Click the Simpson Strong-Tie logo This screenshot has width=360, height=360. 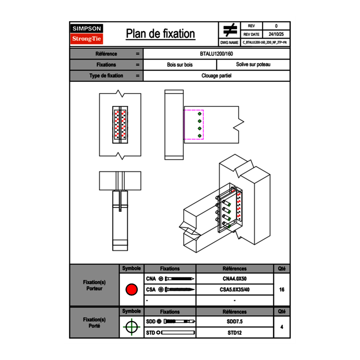point(87,34)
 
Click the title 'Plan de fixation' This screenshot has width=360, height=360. point(160,34)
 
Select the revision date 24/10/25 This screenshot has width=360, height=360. point(276,34)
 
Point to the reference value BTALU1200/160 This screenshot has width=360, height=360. point(216,54)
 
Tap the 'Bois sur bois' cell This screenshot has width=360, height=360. point(180,65)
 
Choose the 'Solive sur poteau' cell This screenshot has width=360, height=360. point(253,65)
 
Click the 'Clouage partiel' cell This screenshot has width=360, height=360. point(216,76)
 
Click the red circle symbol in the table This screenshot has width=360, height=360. point(131,290)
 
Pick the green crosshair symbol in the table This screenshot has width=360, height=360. point(131,327)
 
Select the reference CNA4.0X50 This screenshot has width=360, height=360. point(234,279)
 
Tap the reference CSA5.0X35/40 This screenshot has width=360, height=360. point(234,290)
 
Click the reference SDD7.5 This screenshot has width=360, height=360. point(234,322)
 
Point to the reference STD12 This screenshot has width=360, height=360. point(234,333)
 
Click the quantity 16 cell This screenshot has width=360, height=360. point(281,290)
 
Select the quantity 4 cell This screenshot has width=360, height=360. point(281,327)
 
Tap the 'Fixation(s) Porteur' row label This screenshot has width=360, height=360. point(94,285)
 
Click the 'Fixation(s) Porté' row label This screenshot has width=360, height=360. point(94,322)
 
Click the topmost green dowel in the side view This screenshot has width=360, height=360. point(200,114)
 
